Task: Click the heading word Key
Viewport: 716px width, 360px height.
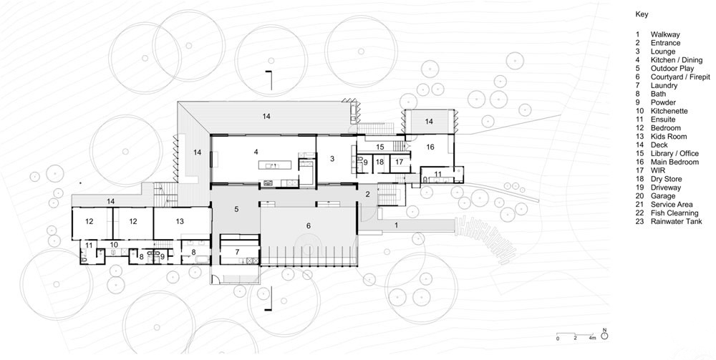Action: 642,14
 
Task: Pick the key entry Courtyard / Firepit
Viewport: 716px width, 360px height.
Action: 680,77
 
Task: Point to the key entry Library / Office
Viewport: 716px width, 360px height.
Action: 674,154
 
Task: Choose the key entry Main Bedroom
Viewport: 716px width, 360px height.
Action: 674,162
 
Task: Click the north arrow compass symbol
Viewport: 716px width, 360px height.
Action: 604,336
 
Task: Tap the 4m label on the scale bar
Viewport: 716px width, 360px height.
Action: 592,338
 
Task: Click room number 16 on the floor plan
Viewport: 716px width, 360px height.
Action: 430,147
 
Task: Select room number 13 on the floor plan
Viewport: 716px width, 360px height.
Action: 180,221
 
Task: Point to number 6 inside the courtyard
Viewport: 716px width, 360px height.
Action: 309,226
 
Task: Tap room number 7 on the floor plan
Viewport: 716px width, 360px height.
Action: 237,252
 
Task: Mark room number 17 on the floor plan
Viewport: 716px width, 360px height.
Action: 400,162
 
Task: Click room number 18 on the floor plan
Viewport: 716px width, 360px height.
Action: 379,162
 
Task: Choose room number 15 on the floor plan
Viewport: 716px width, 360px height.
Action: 380,147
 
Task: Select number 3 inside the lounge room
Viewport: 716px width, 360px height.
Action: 332,159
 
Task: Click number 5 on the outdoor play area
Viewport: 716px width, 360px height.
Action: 236,210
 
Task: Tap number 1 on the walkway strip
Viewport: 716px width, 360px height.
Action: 397,225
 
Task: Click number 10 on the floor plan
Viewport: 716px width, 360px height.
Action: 114,245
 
